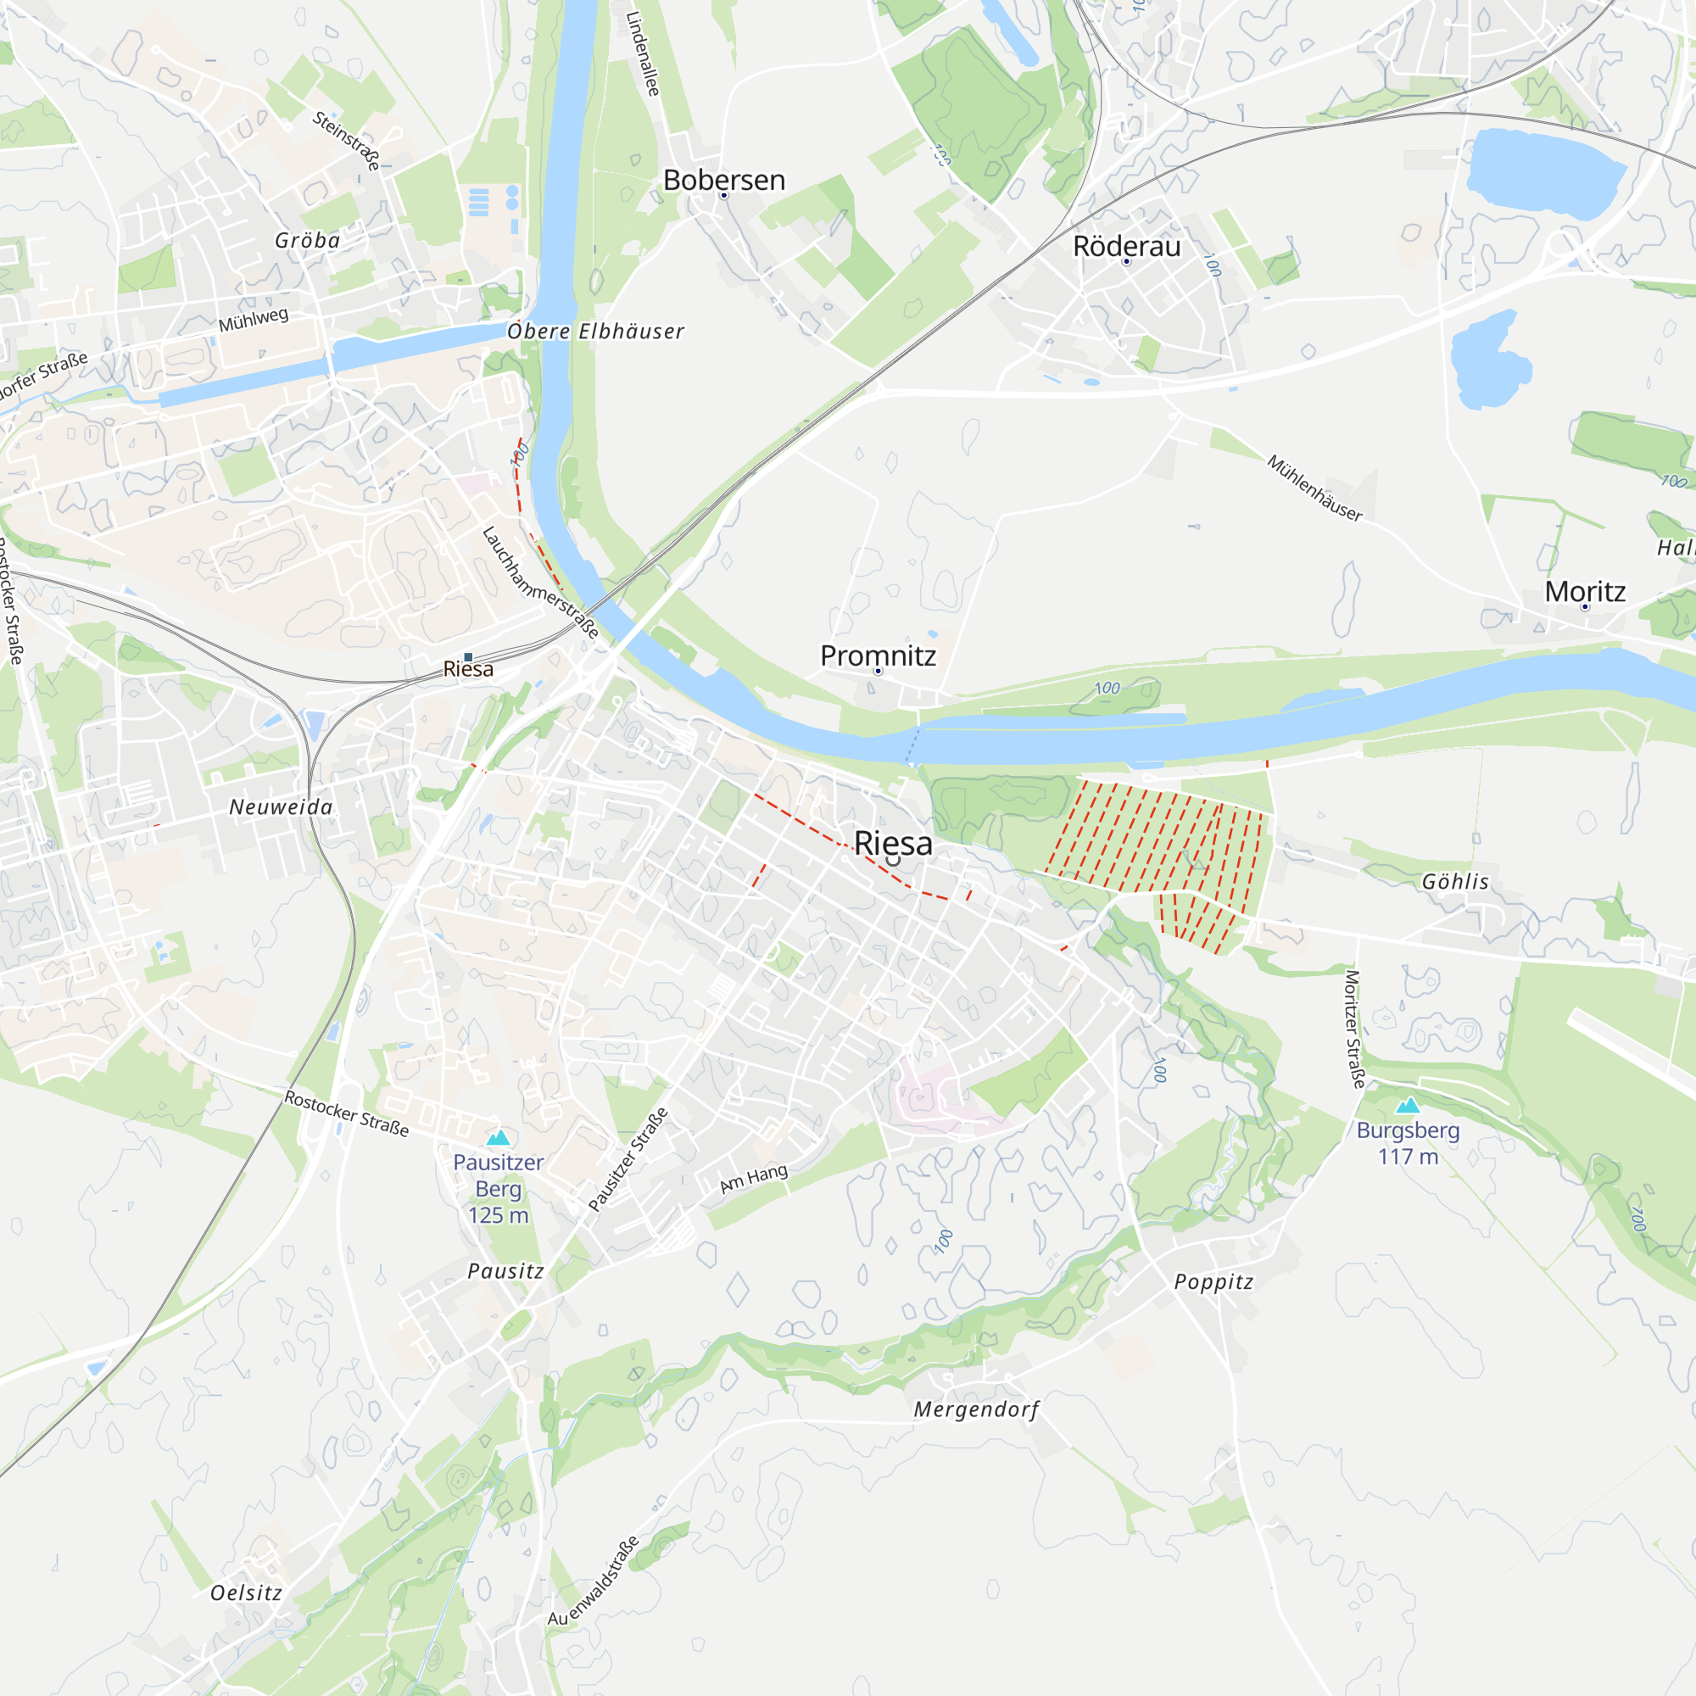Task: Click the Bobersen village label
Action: (723, 180)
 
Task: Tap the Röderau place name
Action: (1126, 247)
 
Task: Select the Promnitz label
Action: (877, 656)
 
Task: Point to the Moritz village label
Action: (1585, 592)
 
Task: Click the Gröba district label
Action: (307, 240)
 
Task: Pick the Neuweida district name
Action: (281, 806)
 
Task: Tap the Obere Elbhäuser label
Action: (595, 331)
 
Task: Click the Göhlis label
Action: (1455, 881)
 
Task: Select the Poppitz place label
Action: (1213, 1281)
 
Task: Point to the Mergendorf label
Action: (976, 1409)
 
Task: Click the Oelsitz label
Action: (246, 1593)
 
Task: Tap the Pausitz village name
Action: (505, 1270)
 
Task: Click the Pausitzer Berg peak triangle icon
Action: (498, 1138)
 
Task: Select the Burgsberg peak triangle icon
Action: (1407, 1105)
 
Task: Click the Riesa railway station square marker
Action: (468, 656)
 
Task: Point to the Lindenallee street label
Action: (643, 53)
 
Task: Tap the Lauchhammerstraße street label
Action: (540, 582)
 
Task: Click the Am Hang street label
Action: (753, 1179)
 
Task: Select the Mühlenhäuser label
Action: (1314, 488)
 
